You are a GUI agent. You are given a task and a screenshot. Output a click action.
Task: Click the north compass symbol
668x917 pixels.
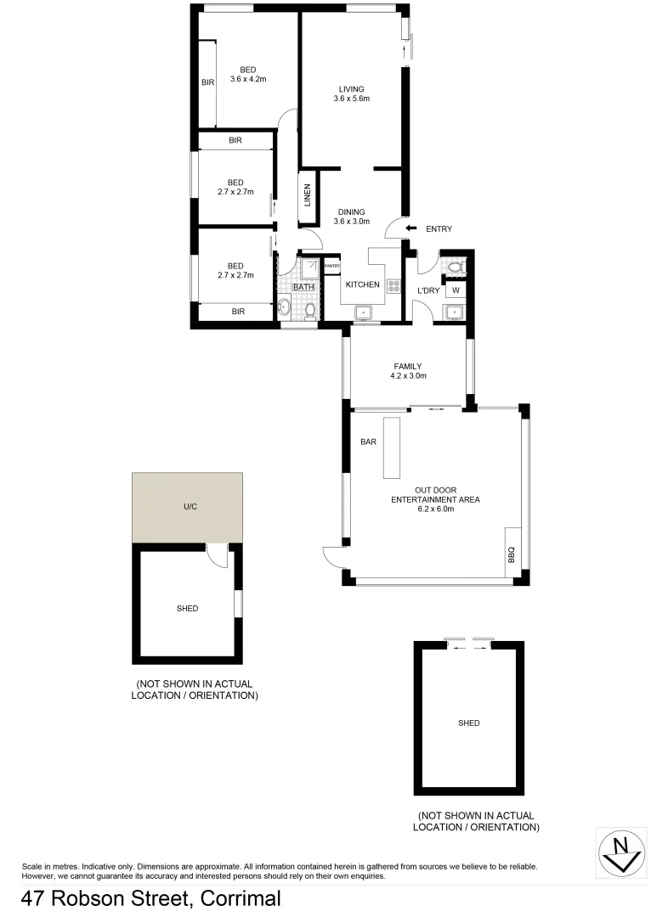621,850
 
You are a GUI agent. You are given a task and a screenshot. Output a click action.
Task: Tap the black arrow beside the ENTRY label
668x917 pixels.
411,228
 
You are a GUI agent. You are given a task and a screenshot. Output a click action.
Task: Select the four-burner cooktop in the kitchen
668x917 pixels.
393,286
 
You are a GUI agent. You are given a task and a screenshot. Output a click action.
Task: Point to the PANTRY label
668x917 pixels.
332,266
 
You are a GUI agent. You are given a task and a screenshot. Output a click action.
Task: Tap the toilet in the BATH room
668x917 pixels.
310,312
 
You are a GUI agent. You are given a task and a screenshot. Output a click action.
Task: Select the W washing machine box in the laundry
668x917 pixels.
456,290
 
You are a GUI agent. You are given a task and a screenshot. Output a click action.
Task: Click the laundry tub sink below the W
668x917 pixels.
455,312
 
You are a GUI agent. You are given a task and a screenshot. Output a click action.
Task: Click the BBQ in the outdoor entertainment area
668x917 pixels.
512,551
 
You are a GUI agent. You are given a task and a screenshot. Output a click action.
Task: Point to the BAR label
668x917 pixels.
369,442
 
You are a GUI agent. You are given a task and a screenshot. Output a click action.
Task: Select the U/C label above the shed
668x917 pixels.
190,507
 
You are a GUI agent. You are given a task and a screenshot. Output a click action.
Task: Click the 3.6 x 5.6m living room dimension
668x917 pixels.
351,99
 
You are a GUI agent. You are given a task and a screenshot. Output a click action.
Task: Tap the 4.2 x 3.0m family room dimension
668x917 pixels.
408,375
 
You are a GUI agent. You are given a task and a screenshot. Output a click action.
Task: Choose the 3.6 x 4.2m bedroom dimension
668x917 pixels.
248,81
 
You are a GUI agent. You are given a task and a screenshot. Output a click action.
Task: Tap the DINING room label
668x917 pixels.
351,212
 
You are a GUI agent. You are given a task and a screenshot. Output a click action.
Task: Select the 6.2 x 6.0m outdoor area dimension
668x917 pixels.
434,510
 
